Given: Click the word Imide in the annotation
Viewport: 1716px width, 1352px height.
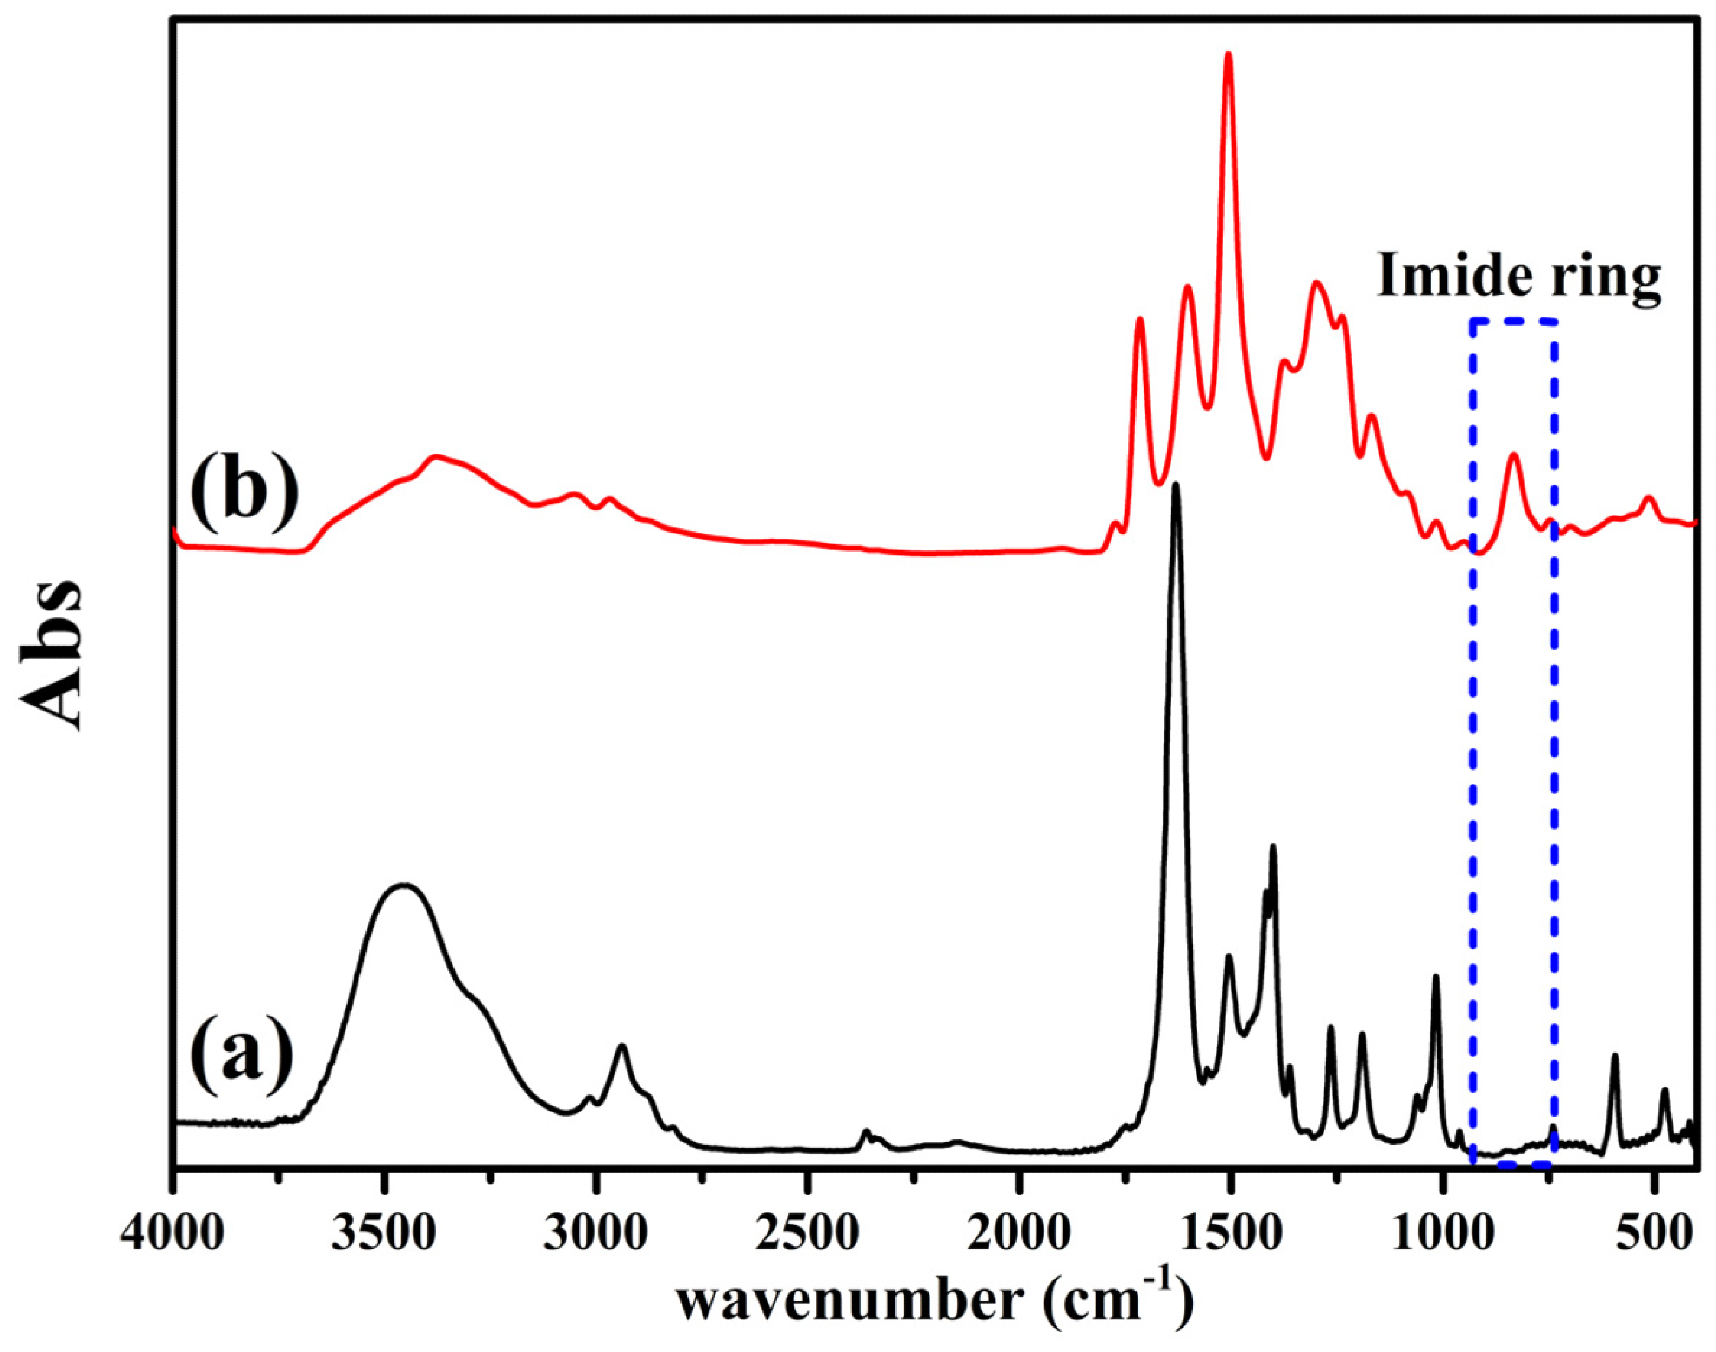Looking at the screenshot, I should pyautogui.click(x=1454, y=278).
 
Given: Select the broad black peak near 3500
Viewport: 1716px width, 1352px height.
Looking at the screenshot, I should pyautogui.click(x=405, y=886).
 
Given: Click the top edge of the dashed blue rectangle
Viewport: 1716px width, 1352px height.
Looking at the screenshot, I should pyautogui.click(x=1514, y=321).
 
